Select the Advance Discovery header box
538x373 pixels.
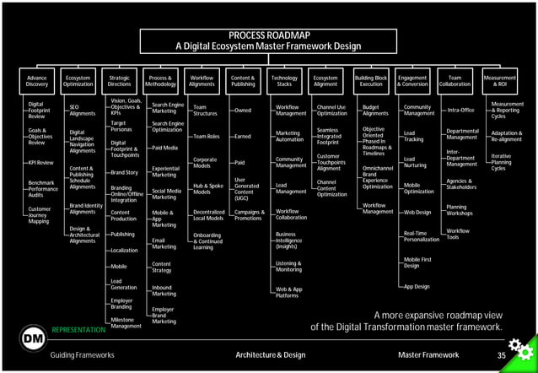(x=36, y=81)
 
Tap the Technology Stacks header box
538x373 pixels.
(x=284, y=81)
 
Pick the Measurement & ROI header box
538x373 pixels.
(x=500, y=81)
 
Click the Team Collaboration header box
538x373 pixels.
(x=455, y=81)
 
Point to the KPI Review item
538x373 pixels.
(x=40, y=162)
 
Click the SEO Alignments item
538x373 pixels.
(x=82, y=111)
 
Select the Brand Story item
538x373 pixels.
(x=124, y=172)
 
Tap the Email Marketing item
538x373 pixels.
(x=164, y=243)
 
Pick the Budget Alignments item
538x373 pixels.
(x=375, y=111)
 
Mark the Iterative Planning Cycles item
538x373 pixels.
(x=503, y=162)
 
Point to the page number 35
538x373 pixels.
(x=502, y=355)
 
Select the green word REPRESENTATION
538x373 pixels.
(x=78, y=330)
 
